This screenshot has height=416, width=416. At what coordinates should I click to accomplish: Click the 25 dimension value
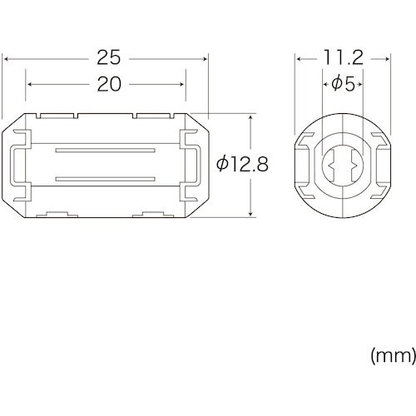(x=109, y=58)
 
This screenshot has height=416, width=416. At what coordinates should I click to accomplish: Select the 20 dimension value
(x=109, y=84)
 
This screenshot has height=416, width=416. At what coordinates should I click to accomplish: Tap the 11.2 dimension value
(x=344, y=58)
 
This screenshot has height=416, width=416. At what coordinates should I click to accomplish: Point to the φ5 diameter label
(x=343, y=84)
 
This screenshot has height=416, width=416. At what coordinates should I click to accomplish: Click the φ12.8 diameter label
(x=242, y=164)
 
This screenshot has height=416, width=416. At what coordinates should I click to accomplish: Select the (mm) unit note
(x=394, y=356)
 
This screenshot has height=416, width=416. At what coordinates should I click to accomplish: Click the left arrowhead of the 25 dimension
(x=6, y=59)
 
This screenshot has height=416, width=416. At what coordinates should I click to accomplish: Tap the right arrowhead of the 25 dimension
(x=205, y=59)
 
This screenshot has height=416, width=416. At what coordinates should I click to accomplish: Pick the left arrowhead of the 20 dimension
(x=30, y=84)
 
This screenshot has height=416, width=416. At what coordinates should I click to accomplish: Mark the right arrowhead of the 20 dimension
(x=181, y=84)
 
